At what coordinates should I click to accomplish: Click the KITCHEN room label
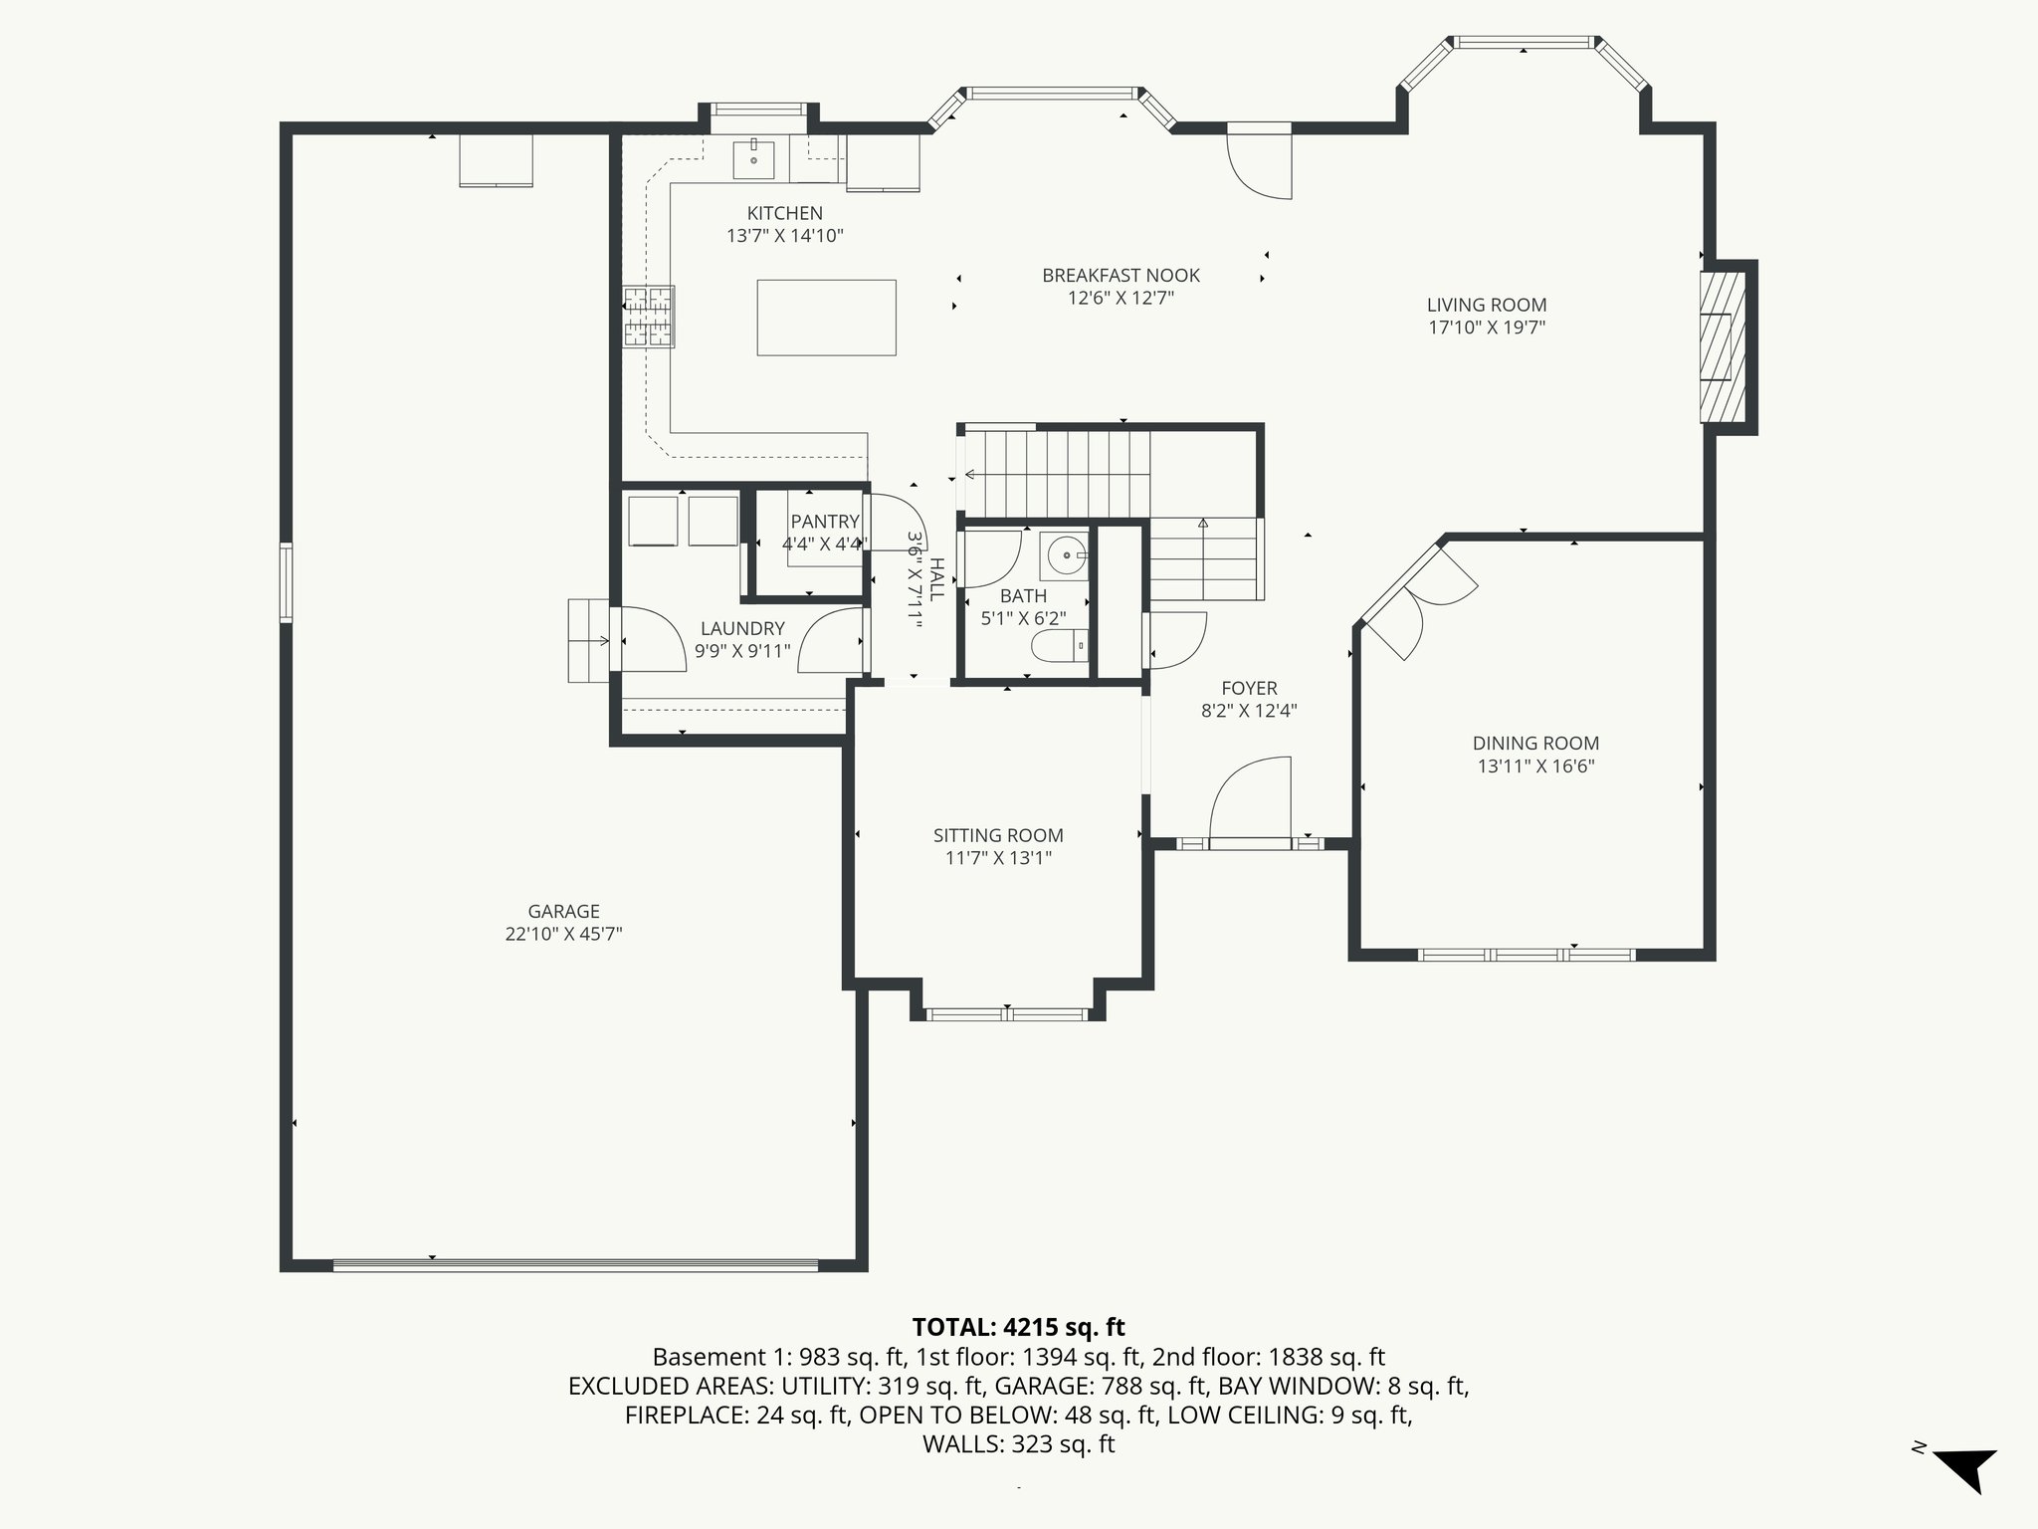pos(784,213)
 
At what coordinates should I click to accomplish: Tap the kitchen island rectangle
pos(826,318)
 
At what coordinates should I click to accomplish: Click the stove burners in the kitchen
pos(648,317)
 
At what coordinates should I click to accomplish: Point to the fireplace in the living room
pos(1723,346)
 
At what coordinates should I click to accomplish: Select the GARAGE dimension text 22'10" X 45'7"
pos(563,934)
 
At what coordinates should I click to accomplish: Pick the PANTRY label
pos(825,522)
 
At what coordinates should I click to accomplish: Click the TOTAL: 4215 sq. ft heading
pos(1018,1327)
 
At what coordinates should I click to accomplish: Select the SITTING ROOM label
pos(998,835)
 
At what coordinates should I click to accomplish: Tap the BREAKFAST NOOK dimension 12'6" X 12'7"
pos(1121,298)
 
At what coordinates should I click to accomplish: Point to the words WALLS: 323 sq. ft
pos(1018,1443)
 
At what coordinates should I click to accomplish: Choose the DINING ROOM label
pos(1535,743)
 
